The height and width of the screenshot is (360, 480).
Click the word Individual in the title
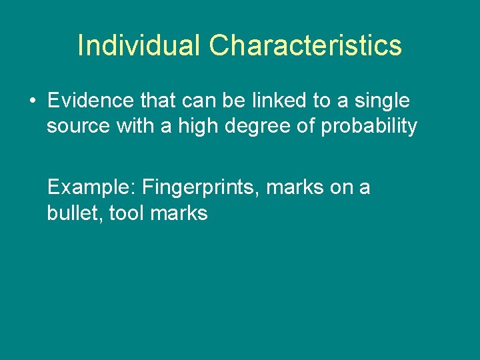point(139,46)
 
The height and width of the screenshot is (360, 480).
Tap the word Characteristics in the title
point(305,46)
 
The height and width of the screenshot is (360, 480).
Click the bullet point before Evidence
point(32,102)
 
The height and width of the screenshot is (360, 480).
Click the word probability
point(369,126)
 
